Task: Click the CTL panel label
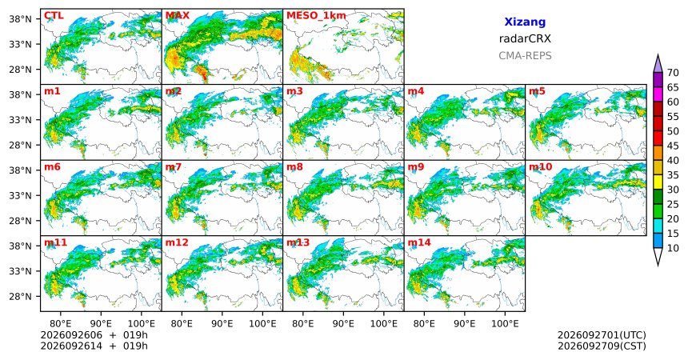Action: point(54,16)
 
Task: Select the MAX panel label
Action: point(178,16)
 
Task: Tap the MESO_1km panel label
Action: point(316,16)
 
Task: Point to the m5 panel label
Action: point(537,91)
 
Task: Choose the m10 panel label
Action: point(540,167)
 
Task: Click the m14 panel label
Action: point(419,242)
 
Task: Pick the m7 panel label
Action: point(174,167)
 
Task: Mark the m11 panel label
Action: point(55,242)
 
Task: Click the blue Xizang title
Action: point(525,22)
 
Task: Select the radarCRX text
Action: point(525,38)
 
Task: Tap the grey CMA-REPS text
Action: point(525,56)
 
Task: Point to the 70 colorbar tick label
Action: point(673,73)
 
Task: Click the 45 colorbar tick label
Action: point(673,146)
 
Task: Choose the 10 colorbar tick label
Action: point(673,248)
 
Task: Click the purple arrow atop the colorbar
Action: point(658,64)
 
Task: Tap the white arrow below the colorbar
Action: point(658,255)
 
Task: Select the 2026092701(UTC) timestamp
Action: point(602,335)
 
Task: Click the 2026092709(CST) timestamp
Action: point(602,346)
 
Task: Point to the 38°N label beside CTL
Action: point(20,19)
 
